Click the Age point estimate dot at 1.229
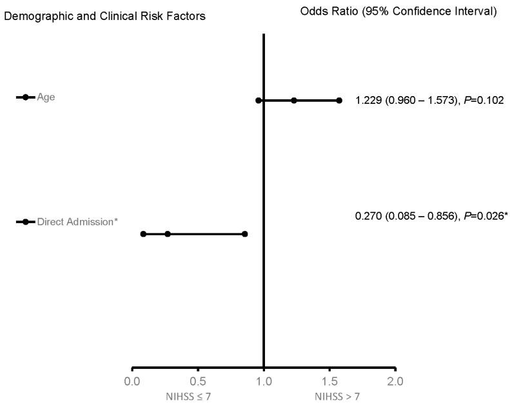click(294, 101)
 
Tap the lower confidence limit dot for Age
click(259, 101)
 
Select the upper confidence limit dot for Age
click(339, 101)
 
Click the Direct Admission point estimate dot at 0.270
click(168, 234)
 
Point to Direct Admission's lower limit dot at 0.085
click(143, 234)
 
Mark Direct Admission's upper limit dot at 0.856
click(245, 234)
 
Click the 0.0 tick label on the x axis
click(132, 381)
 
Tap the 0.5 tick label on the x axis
click(198, 381)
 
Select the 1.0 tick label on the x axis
click(264, 381)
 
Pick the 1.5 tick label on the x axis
click(329, 381)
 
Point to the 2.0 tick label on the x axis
click(395, 381)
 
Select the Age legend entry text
click(46, 97)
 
